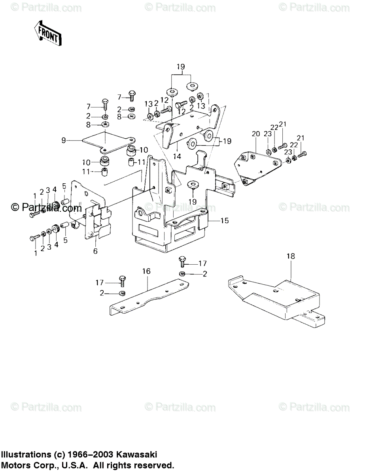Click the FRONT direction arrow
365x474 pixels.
(47, 34)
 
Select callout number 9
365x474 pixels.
(63, 140)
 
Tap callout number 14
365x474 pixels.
(177, 156)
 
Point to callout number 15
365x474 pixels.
(224, 221)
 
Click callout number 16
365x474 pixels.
(146, 271)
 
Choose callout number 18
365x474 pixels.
(291, 257)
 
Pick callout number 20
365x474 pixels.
(256, 134)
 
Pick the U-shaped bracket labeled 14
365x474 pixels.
(190, 126)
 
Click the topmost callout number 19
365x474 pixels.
(180, 67)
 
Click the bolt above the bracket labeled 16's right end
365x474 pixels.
(182, 261)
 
